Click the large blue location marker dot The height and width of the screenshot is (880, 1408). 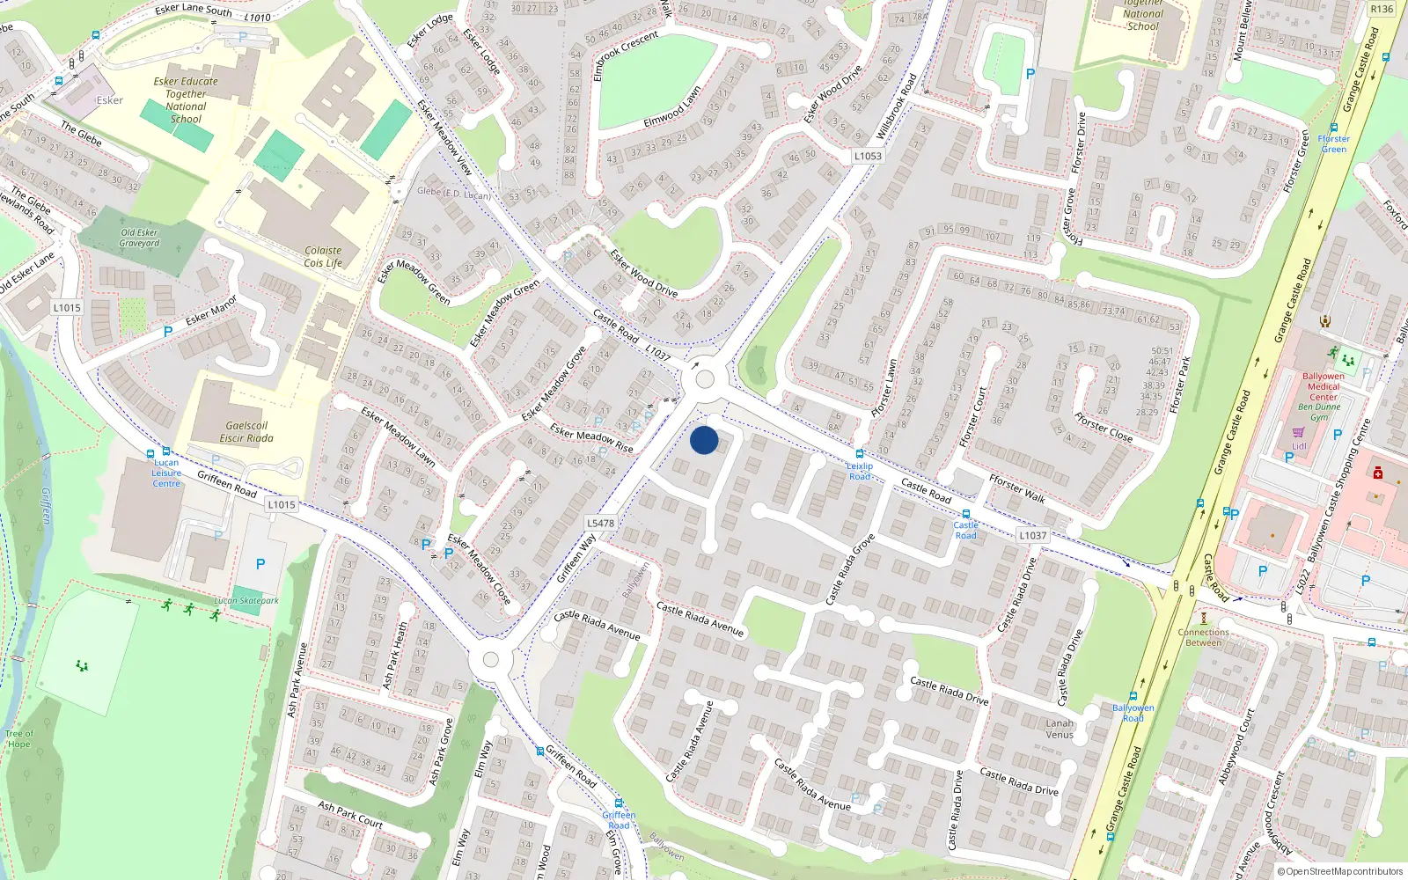(704, 440)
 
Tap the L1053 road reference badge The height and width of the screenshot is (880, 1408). (867, 156)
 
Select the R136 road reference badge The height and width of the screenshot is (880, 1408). (1382, 9)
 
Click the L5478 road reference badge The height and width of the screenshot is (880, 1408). (600, 523)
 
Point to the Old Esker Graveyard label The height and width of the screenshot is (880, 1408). (140, 238)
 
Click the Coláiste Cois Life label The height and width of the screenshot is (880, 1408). (323, 256)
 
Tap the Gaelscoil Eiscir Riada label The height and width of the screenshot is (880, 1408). (246, 431)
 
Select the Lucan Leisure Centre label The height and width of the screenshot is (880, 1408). (166, 473)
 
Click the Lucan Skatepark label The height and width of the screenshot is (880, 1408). (246, 601)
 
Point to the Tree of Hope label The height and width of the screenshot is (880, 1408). (19, 738)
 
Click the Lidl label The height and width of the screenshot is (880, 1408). (1299, 446)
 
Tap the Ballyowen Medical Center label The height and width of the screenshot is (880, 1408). (1323, 386)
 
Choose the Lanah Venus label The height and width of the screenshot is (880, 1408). (1060, 729)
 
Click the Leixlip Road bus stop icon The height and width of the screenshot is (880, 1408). (860, 454)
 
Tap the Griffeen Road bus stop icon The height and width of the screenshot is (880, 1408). (619, 803)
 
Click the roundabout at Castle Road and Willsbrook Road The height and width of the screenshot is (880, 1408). (704, 379)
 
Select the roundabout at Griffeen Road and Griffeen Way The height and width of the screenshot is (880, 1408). (491, 659)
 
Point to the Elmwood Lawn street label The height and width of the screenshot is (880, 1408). (672, 106)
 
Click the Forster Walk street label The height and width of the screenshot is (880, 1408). (1016, 488)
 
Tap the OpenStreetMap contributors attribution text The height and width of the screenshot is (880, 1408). (1340, 871)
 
